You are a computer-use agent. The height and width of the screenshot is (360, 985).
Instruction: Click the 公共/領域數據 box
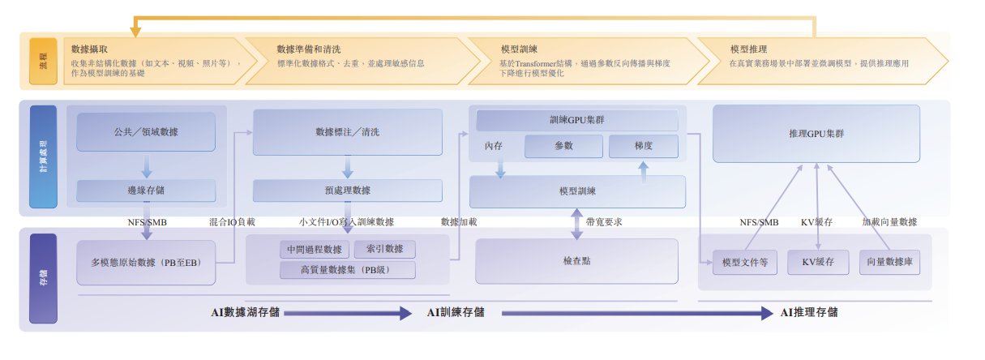(146, 131)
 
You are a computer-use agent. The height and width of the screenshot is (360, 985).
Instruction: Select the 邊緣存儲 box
(146, 191)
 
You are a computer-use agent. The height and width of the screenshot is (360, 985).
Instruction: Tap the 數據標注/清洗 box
(347, 131)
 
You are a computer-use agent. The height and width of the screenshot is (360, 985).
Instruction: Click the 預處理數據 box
(347, 191)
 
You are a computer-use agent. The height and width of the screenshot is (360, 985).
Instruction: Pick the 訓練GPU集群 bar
(576, 120)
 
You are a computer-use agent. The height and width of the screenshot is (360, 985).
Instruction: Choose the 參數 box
(563, 147)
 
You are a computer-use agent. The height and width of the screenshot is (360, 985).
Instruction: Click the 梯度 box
(643, 147)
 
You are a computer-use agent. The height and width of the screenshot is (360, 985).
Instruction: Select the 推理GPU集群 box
(816, 133)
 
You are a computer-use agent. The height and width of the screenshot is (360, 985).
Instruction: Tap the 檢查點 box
(576, 261)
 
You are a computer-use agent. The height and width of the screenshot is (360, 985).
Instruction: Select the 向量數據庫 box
(893, 263)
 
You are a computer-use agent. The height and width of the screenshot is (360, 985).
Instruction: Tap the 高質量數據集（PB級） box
(347, 269)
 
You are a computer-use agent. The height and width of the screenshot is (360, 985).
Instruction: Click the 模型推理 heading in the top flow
(748, 49)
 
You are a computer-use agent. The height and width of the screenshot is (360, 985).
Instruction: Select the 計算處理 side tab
(42, 158)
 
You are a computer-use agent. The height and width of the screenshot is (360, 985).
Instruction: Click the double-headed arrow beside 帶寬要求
(576, 222)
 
